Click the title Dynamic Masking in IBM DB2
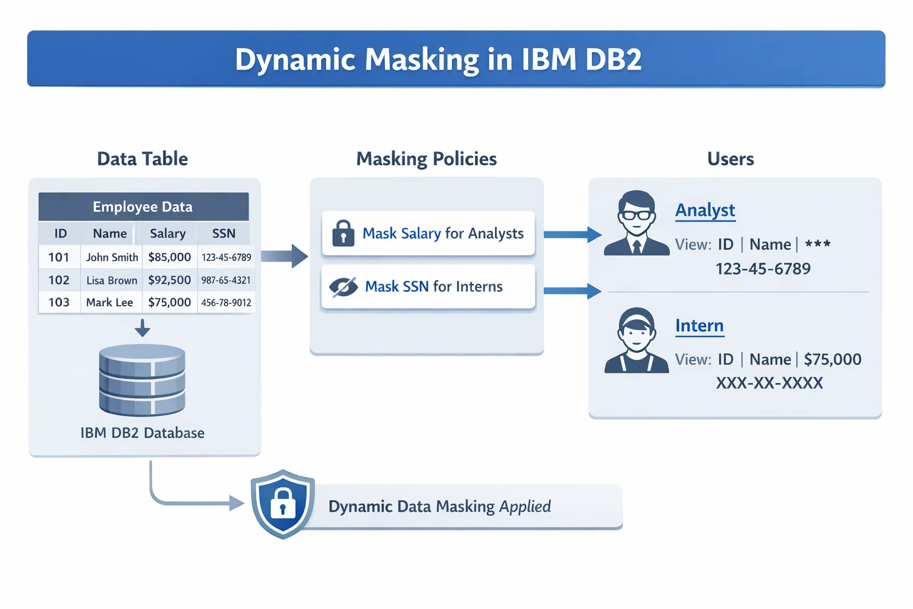coord(438,59)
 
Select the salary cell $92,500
coord(169,280)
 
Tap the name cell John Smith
coord(112,258)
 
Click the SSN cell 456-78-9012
coord(226,303)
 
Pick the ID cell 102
coord(59,280)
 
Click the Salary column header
coord(168,234)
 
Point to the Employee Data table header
coord(143,207)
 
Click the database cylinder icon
coord(142,381)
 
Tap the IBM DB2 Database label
coord(142,433)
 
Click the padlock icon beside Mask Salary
coord(343,233)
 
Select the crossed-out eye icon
coord(343,287)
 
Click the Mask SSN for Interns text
coord(433,287)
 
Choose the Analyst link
coord(705,211)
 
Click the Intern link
coord(699,326)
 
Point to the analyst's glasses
coord(637,215)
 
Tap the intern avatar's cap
coord(637,317)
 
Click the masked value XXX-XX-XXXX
coord(769,383)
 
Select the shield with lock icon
coord(283,504)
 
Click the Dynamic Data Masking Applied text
coord(439,507)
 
